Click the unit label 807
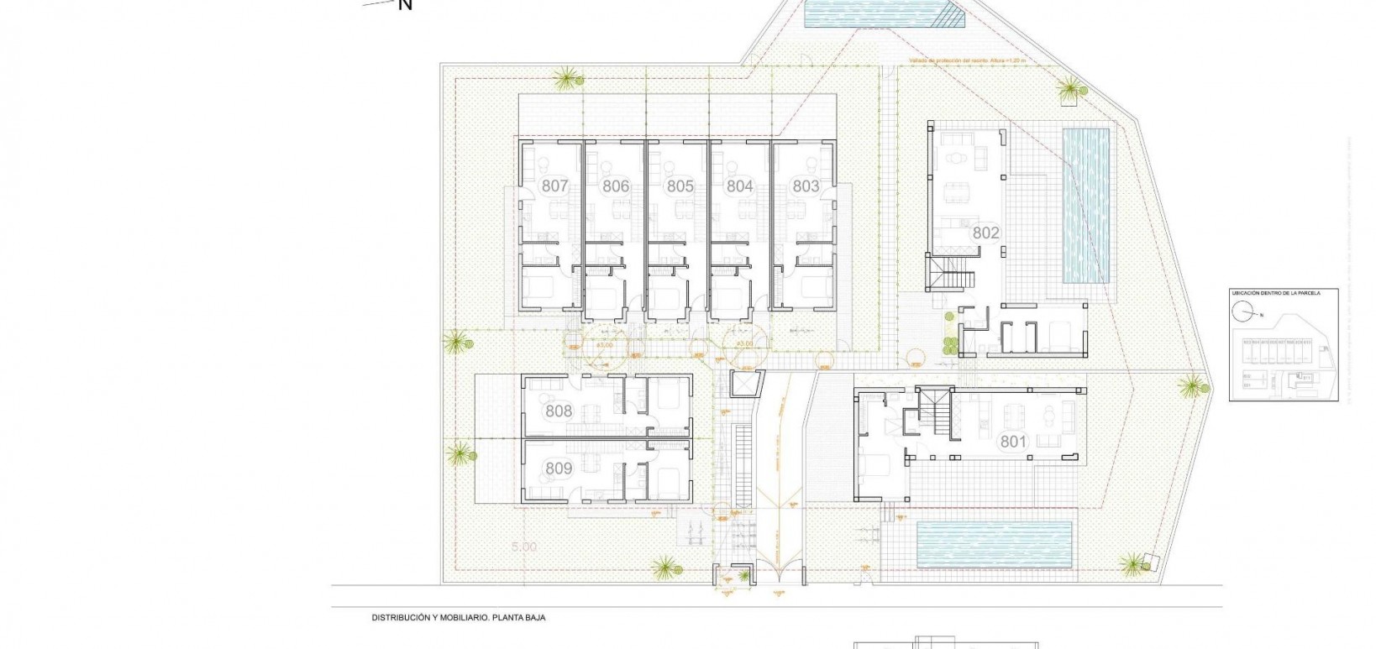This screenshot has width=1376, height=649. coord(555,186)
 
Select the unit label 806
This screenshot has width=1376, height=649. coord(616,186)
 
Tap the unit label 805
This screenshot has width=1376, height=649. coord(680,186)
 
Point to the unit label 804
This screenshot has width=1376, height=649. coord(739,186)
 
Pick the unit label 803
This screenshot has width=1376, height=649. coord(806,186)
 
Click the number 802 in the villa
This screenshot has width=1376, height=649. coord(985,233)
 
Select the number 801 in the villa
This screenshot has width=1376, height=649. coord(1014,441)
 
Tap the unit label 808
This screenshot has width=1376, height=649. coord(559,411)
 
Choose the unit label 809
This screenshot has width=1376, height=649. coord(559,469)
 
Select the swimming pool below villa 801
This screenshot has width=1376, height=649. coord(995,543)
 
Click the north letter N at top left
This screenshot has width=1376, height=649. coord(405,5)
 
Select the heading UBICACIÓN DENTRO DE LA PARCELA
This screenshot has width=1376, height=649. coord(1275,293)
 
